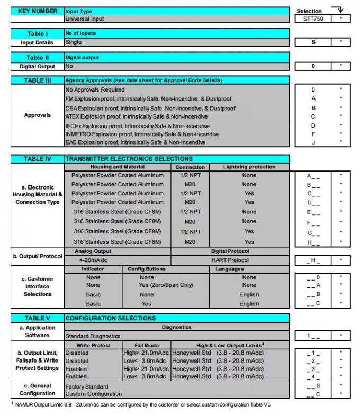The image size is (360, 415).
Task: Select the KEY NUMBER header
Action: pos(38,11)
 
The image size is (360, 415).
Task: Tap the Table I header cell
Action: pos(38,34)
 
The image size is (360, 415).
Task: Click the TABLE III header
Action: pos(38,80)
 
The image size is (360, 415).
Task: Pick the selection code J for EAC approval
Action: pos(313,142)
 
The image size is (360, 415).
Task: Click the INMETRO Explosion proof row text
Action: pos(142,134)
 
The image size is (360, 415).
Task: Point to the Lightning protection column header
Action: pos(249,167)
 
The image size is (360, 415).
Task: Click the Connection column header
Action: pos(190,167)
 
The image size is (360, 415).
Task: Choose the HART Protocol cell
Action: pos(230,259)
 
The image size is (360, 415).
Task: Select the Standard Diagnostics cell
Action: pos(93,336)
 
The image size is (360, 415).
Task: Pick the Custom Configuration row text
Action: pos(94,394)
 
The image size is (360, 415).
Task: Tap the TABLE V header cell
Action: pos(38,318)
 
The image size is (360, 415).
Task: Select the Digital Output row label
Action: pos(38,67)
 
